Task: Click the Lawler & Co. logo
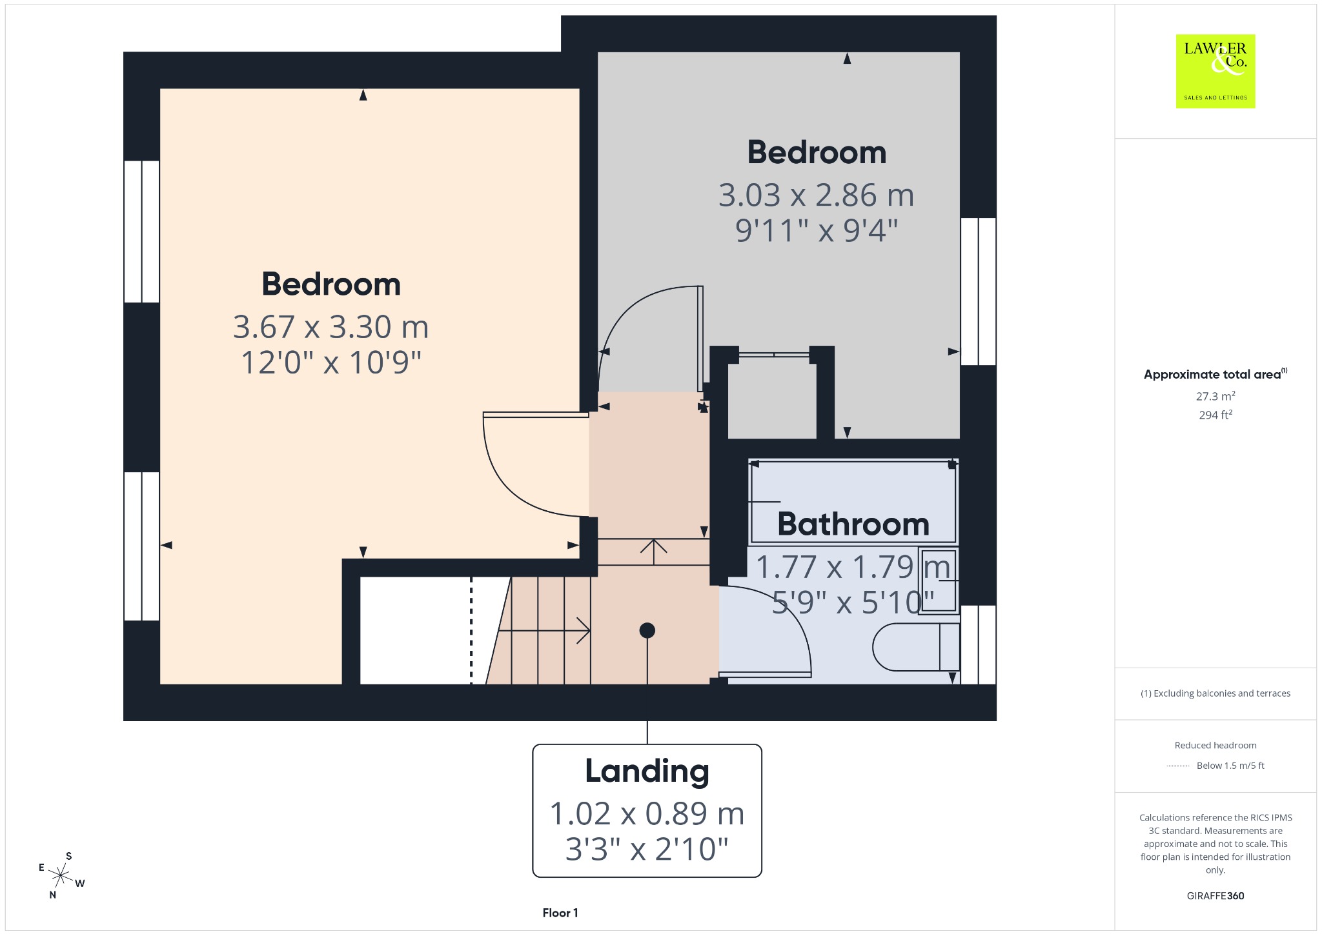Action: pos(1215,71)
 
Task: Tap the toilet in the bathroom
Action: pos(916,647)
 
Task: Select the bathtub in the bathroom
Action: pos(853,501)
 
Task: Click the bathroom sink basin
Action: pos(939,581)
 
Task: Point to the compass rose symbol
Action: pos(61,875)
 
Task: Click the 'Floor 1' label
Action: pos(560,913)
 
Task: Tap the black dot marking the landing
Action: pos(647,630)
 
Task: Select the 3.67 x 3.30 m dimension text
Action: pos(330,327)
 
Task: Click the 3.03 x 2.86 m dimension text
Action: pos(817,195)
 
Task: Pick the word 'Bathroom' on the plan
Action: pos(853,524)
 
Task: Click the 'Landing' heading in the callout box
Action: pos(647,771)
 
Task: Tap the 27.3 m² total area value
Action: pos(1215,396)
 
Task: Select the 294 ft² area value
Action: pos(1215,415)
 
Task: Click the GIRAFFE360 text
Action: pos(1215,896)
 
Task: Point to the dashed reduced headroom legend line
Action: pos(1178,766)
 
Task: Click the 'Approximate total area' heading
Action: pos(1212,374)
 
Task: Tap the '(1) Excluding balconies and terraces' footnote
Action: pos(1215,693)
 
